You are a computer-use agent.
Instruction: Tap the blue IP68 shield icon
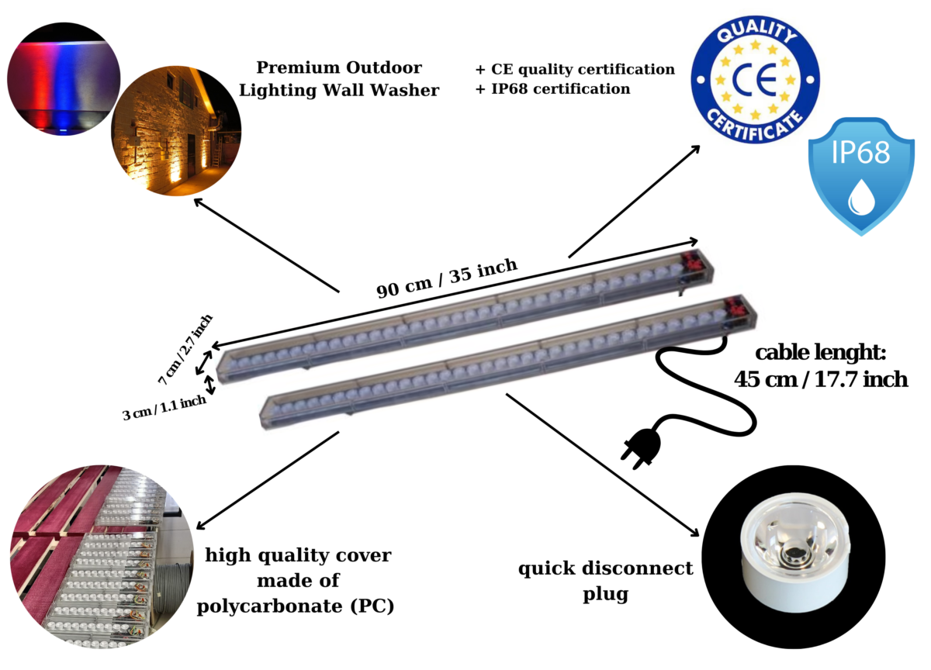click(860, 175)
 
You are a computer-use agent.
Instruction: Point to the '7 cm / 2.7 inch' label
click(185, 351)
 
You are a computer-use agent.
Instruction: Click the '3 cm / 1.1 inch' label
click(164, 407)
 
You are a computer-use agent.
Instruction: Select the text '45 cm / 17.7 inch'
click(820, 379)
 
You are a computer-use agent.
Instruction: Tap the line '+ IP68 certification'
click(552, 89)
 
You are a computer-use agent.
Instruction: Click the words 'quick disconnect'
click(605, 569)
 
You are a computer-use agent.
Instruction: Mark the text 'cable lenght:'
click(820, 354)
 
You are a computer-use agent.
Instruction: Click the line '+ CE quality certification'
click(575, 69)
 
